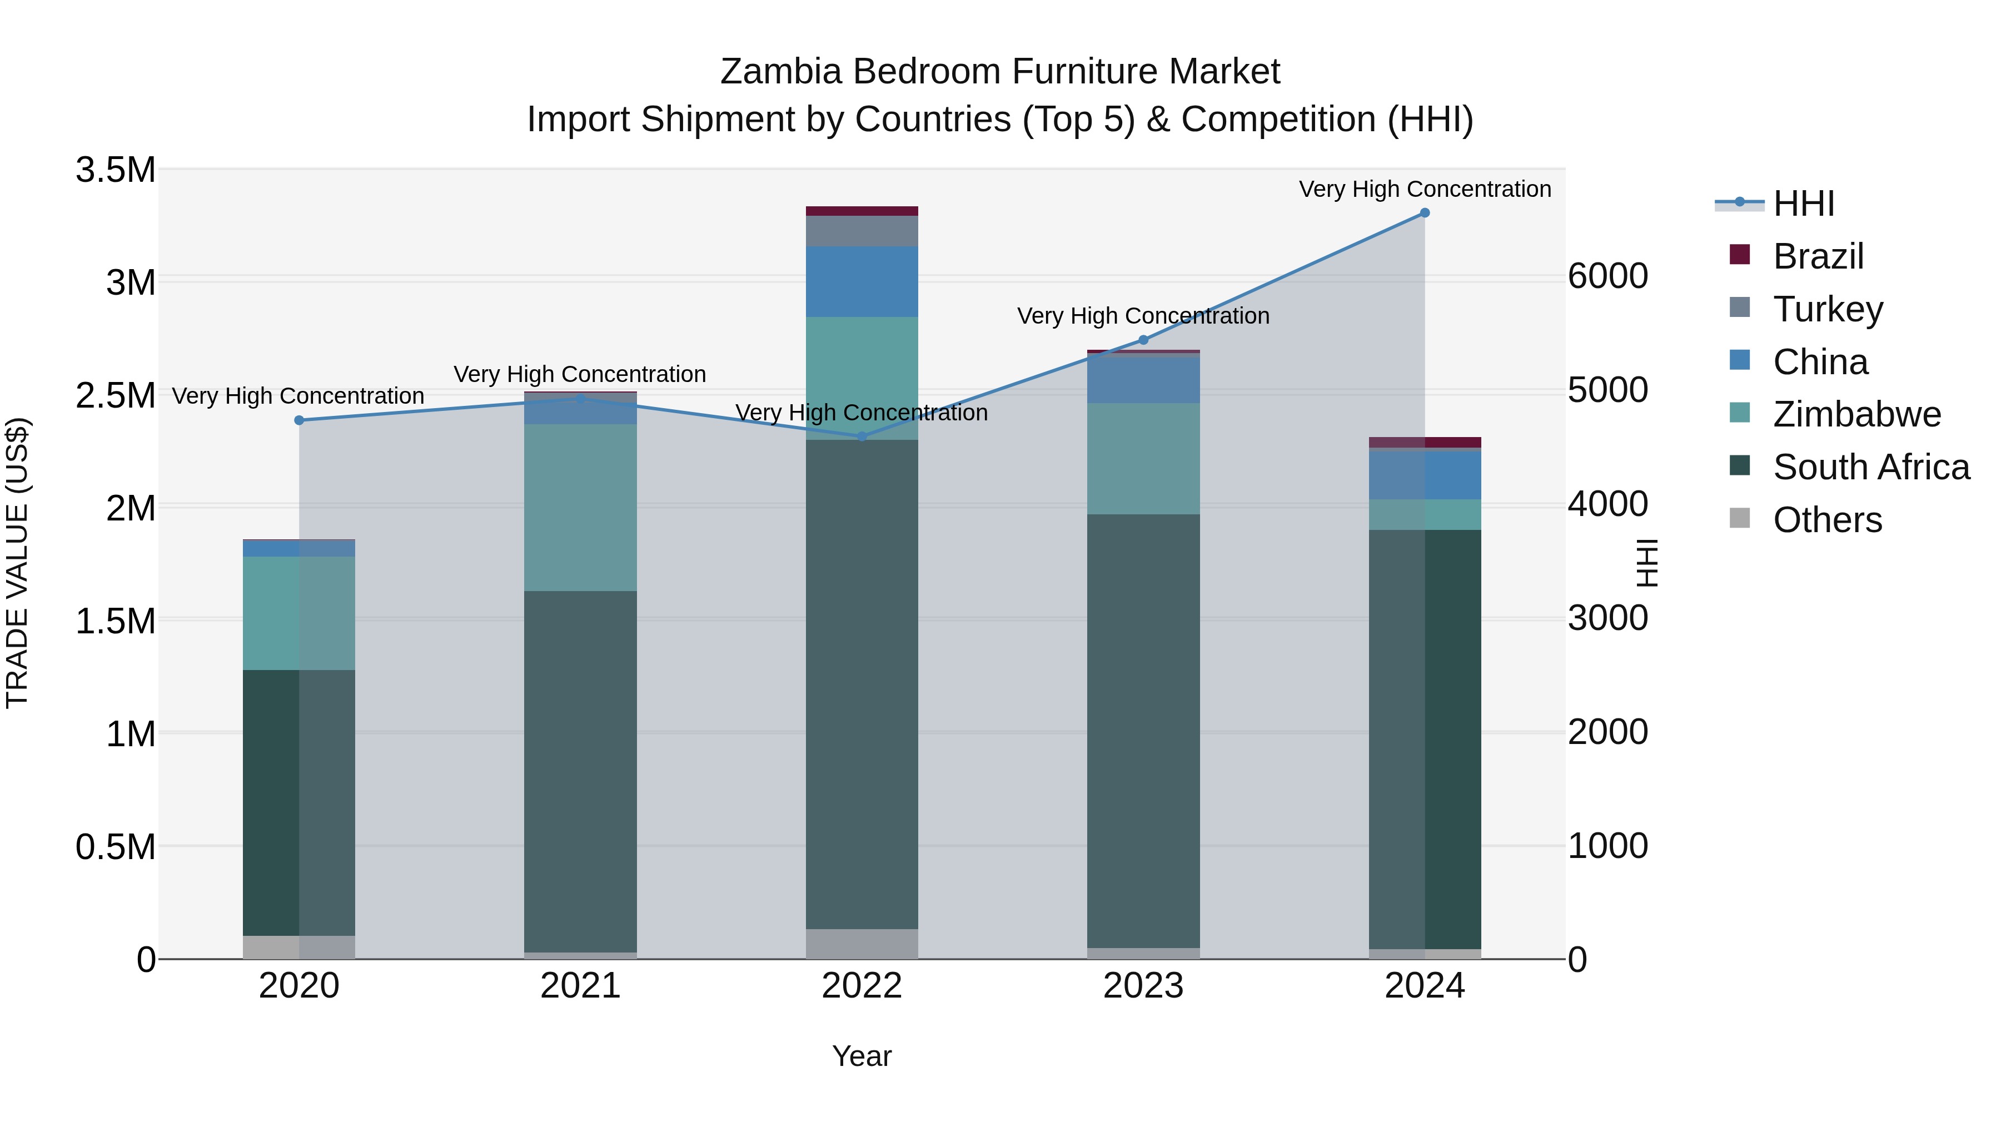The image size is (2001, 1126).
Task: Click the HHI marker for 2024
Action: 1424,213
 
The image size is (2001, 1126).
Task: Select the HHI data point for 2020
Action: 299,420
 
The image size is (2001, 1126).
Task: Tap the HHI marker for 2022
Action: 862,436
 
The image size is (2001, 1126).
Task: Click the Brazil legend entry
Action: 1818,256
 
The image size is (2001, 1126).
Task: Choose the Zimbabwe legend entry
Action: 1856,414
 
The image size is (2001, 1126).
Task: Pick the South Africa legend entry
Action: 1870,467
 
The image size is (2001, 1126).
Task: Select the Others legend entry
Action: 1827,520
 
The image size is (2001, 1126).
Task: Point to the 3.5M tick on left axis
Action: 116,170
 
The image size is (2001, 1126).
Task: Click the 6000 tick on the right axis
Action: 1607,277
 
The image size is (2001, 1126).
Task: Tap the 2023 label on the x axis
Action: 1143,986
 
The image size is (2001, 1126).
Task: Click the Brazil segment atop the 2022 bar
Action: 862,211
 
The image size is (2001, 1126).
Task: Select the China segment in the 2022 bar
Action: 862,281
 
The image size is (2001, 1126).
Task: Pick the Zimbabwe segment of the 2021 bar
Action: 580,508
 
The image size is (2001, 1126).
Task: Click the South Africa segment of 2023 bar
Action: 1143,731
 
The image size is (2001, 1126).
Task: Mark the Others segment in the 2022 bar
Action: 862,944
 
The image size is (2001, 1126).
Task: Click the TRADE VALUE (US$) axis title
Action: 17,563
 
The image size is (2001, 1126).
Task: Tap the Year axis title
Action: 862,1056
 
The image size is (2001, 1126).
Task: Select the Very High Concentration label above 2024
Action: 1424,189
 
